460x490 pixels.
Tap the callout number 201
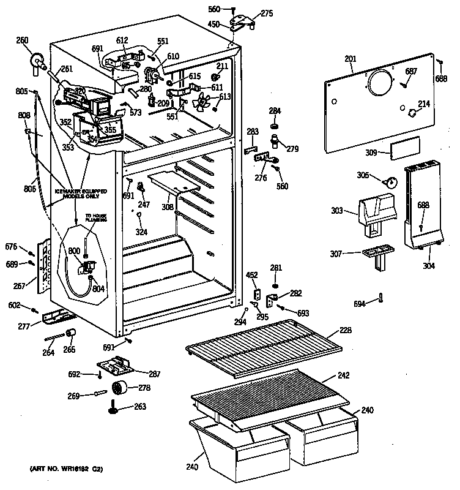[350, 59]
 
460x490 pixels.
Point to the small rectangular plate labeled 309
[406, 148]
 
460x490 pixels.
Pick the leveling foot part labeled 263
[114, 406]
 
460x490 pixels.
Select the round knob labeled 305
[391, 181]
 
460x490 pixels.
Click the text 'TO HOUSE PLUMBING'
[95, 218]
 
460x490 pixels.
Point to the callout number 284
[275, 111]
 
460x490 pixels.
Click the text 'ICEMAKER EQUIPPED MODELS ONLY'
[81, 195]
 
